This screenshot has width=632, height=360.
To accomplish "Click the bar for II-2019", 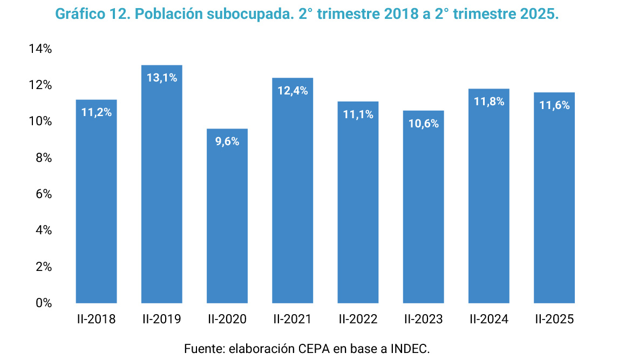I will click(x=162, y=189).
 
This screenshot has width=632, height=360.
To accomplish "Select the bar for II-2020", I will click(x=227, y=216).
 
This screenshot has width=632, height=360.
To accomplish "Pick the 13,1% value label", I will click(x=162, y=78).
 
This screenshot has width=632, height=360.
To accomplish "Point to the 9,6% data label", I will click(x=227, y=141).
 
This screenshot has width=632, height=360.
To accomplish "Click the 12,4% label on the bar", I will click(x=293, y=91).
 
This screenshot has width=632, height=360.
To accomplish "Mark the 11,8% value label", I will click(x=489, y=101).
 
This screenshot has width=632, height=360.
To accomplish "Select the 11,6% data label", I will click(x=554, y=105).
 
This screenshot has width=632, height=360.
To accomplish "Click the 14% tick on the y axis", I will click(x=40, y=49).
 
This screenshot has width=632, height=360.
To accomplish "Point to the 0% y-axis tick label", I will click(x=43, y=303).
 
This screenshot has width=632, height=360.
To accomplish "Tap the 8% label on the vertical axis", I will click(x=43, y=158).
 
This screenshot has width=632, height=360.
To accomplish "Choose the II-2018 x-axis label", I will click(x=96, y=320).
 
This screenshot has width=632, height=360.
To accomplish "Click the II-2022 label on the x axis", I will click(x=358, y=320).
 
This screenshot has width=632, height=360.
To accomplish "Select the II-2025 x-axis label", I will click(x=554, y=320).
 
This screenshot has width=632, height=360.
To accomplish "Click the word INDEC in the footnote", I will click(x=410, y=348).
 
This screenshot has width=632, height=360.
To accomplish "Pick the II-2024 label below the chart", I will click(x=489, y=320).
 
